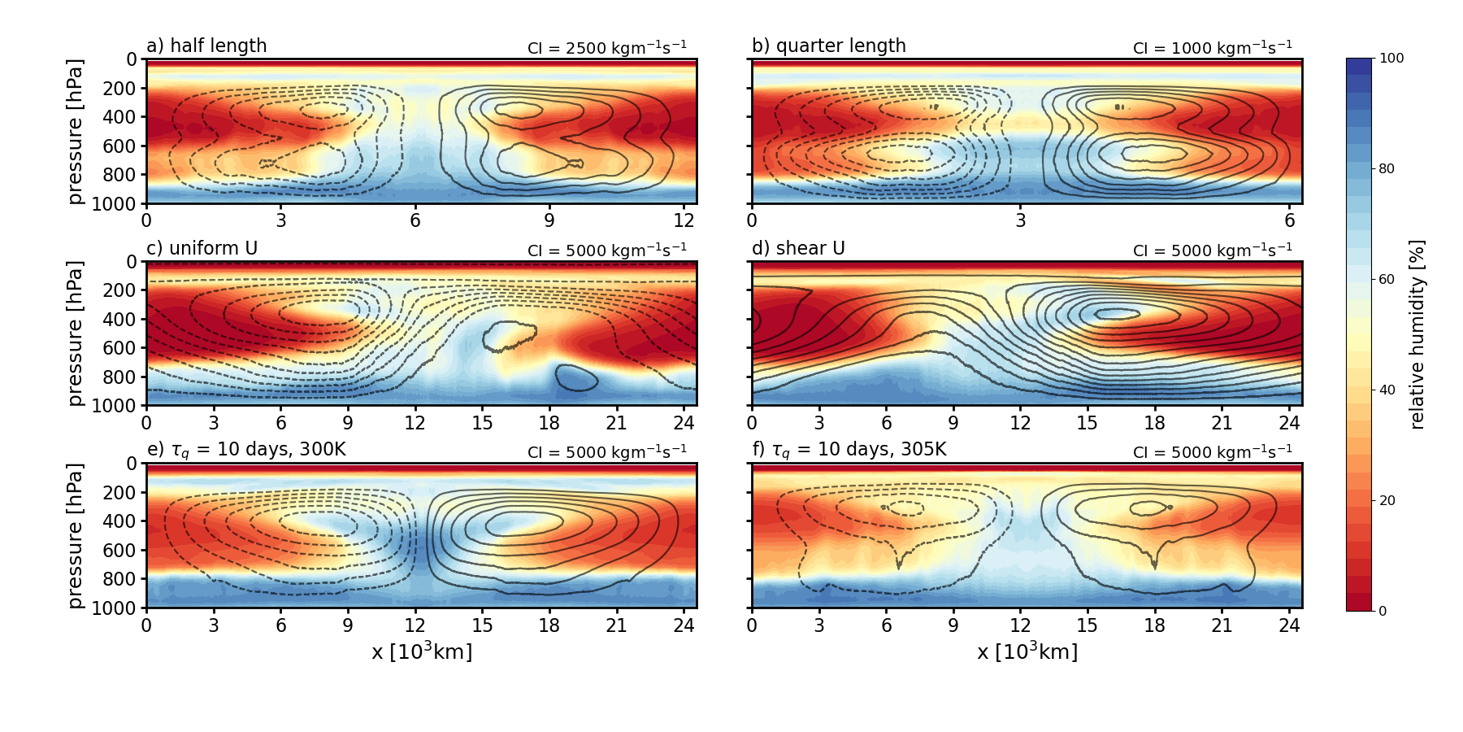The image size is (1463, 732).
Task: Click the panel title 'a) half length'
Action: coord(206,46)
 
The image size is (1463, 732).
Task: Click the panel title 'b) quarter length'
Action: coord(828,46)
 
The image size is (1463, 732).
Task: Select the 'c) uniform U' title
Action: coord(202,248)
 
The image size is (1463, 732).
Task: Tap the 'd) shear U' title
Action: coord(798,248)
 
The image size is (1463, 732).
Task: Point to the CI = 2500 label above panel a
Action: coord(607,47)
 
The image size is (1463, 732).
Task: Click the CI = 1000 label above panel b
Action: coord(1213,47)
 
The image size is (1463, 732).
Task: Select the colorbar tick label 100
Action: coord(1391,59)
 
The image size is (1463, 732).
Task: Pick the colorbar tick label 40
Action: coord(1387,390)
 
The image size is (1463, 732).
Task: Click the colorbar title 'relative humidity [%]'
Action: coord(1417,334)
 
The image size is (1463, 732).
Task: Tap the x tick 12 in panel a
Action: coord(684,220)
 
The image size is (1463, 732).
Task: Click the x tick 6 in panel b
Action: coord(1290,220)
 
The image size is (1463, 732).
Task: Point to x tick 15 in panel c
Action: coord(482,422)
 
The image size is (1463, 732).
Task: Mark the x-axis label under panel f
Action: coord(1027,651)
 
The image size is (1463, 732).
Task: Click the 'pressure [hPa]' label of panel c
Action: coord(75,333)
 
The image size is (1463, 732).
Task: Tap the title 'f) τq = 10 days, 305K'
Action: coord(849,450)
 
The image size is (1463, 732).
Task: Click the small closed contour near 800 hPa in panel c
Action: coord(577,378)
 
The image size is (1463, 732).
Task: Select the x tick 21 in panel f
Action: coord(1222,625)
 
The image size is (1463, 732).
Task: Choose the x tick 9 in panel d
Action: coord(953,422)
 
